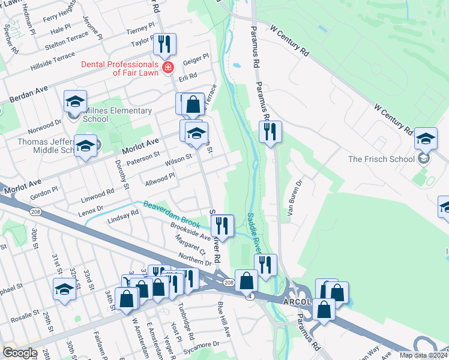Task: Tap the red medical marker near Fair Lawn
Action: pyautogui.click(x=169, y=67)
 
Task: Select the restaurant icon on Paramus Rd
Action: pyautogui.click(x=270, y=131)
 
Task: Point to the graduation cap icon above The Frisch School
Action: pyautogui.click(x=426, y=139)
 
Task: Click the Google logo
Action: pyautogui.click(x=20, y=353)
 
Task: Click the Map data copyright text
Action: pyautogui.click(x=423, y=355)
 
